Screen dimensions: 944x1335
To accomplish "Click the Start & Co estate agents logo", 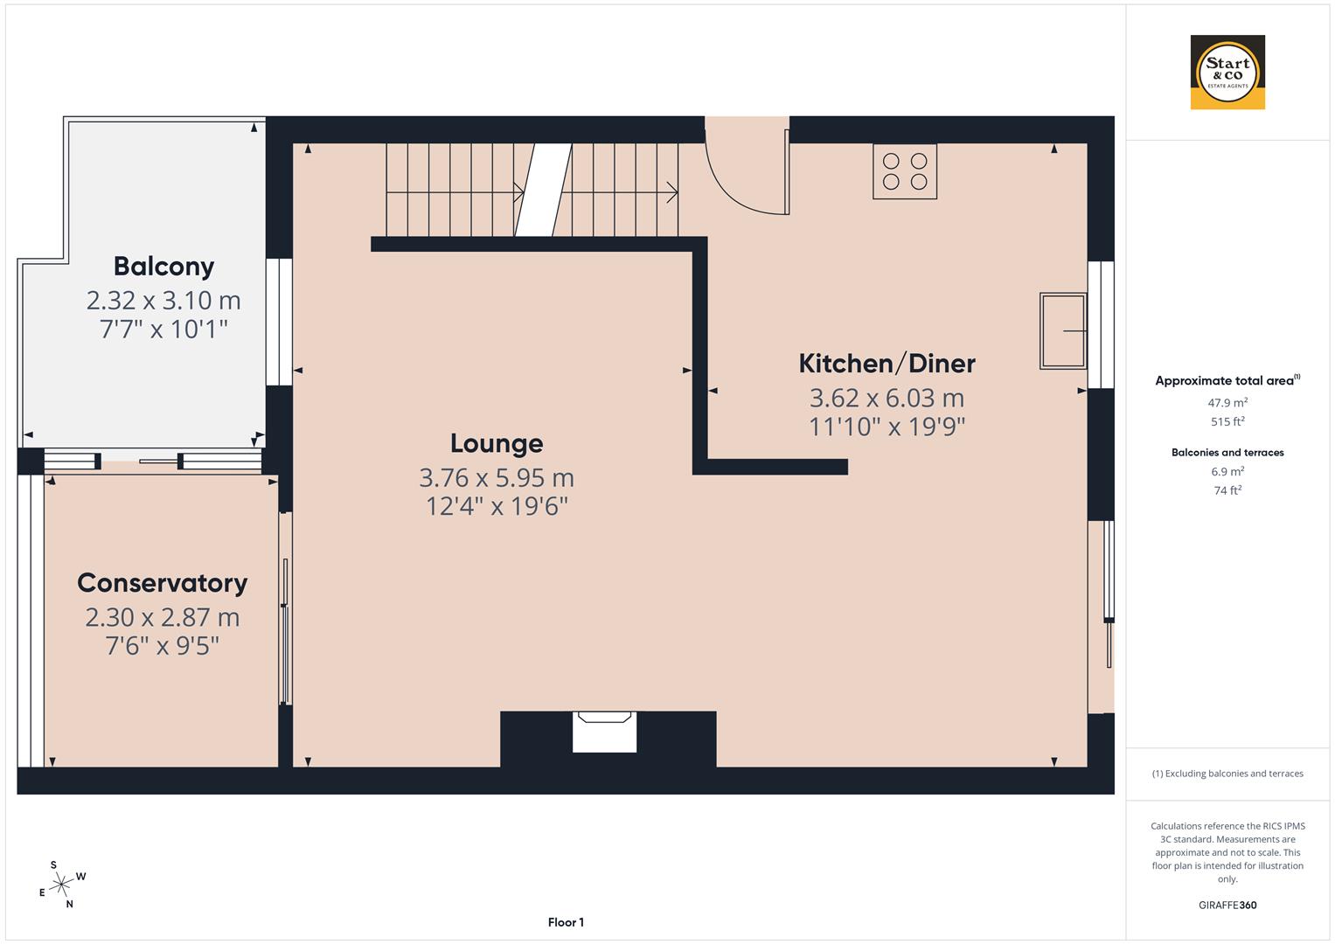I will coord(1227,73).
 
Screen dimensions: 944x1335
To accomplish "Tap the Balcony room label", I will coord(163,266).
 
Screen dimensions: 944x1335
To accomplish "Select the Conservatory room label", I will coord(162,583).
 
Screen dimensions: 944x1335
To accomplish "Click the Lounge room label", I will coord(497,443).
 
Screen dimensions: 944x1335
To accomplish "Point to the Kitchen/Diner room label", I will coord(887,363).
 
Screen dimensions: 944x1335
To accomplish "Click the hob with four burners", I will coord(905,171).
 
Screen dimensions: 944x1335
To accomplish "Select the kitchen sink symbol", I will coord(1063,331).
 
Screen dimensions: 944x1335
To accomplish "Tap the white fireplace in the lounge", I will coord(604,732).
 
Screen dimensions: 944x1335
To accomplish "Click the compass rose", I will coord(61,885).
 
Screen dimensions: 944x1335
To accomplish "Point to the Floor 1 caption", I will coord(566,922).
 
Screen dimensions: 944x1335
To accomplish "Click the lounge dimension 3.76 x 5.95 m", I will coord(497,478).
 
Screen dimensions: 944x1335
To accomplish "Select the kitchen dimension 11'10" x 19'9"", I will coord(887,427).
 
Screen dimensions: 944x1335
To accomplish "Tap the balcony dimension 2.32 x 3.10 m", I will coord(163,301).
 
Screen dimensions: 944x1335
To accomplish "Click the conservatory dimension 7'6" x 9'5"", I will coord(162,646).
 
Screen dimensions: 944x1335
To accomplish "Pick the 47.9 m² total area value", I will coord(1227,403).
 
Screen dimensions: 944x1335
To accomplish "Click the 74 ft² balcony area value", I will coord(1227,490).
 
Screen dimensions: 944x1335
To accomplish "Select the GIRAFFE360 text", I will coord(1227,905).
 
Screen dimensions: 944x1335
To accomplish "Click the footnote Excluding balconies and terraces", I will coord(1227,774).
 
